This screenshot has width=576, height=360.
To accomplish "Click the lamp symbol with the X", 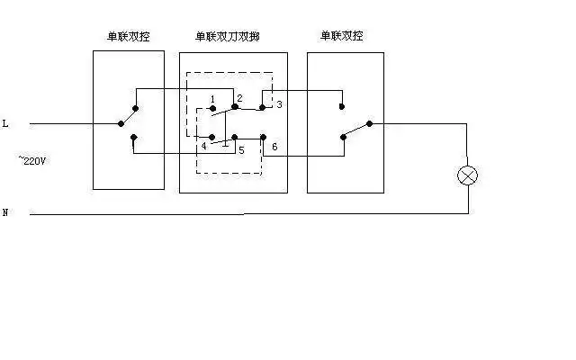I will coord(467,175).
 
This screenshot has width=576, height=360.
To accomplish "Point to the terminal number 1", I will coord(211,98).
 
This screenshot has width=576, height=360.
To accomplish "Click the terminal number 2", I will coord(240,97).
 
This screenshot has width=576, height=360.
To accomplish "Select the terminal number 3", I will coord(279,105).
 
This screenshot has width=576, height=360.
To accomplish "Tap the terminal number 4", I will coord(204,146).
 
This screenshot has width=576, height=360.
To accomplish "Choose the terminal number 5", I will coord(240,149).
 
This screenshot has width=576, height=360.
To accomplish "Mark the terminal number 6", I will coord(274,146).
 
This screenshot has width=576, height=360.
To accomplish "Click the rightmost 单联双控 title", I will coord(342,36).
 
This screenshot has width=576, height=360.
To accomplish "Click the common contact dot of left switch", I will coord(120,124).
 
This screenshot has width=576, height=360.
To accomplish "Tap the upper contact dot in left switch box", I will coord(134,106).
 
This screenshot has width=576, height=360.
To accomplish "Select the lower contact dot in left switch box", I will coord(133,138).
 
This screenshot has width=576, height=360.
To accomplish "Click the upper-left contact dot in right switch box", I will coord(342,106).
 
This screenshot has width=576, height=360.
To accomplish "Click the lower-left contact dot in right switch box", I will coord(342,138).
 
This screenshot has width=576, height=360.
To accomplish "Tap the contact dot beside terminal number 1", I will coord(211,109).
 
